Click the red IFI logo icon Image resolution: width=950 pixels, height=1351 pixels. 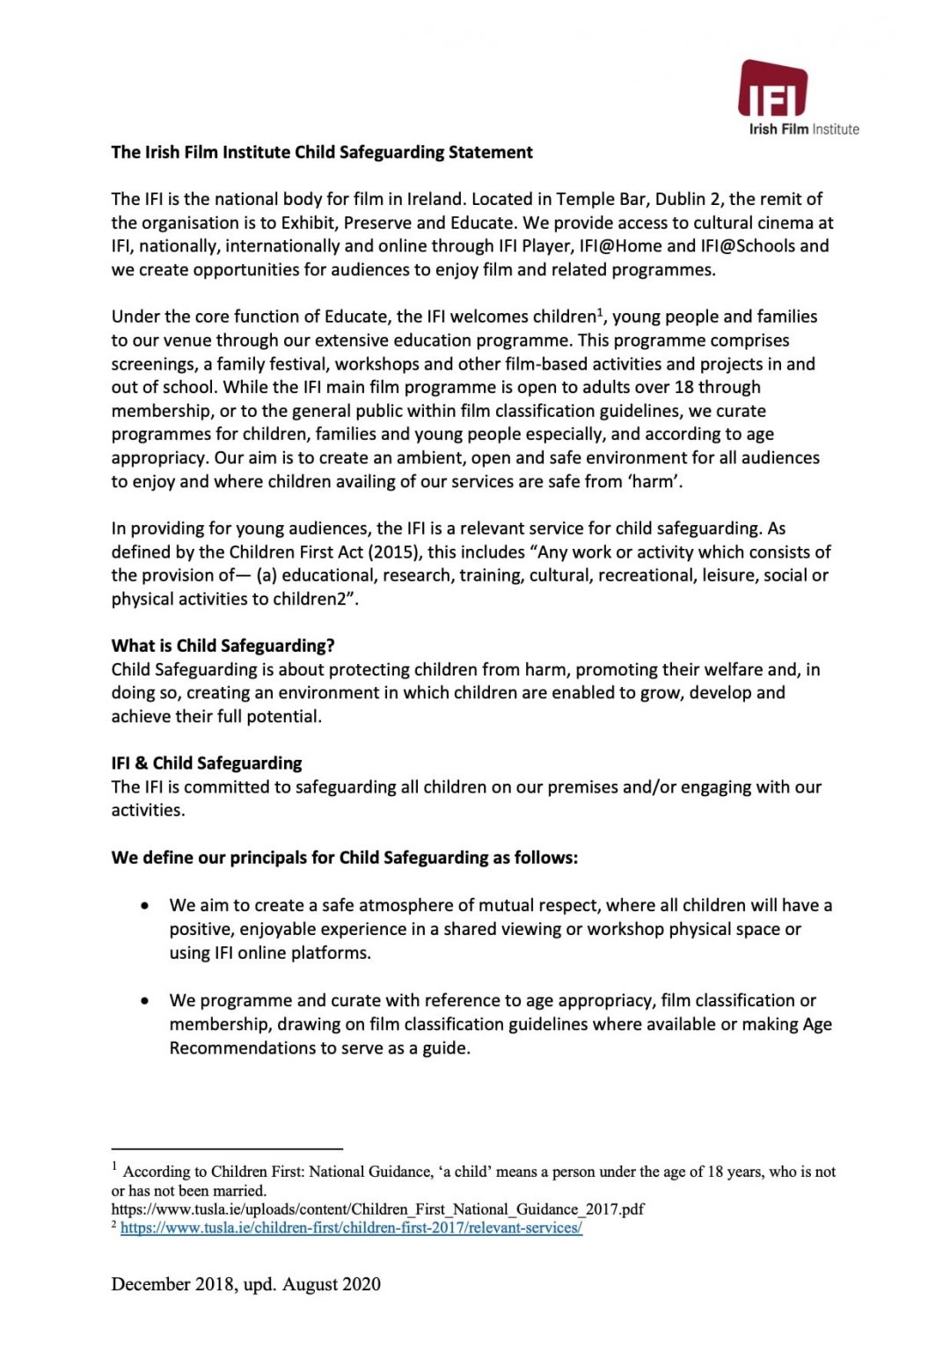point(772,89)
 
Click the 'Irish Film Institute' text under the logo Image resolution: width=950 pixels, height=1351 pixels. point(803,129)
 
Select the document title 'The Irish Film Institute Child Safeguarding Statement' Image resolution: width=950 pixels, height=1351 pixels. point(322,152)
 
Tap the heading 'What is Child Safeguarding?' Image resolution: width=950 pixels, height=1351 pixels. point(223,646)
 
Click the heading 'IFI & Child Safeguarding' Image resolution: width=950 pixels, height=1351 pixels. point(206,763)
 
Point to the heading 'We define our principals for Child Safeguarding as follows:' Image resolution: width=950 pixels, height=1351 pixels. point(344,858)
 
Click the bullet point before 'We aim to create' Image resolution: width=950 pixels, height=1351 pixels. point(144,906)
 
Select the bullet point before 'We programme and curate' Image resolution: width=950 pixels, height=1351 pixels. point(144,1001)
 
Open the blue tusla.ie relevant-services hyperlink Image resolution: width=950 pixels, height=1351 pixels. point(351,1228)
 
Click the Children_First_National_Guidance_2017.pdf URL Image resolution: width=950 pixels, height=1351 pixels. point(377,1209)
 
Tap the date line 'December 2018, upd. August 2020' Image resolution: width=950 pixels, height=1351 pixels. point(245,1284)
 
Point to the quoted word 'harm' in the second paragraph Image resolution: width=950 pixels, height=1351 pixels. point(653,482)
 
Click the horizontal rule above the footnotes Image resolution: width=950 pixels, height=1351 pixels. point(226,1149)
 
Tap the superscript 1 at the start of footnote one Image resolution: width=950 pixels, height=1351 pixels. point(114,1167)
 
